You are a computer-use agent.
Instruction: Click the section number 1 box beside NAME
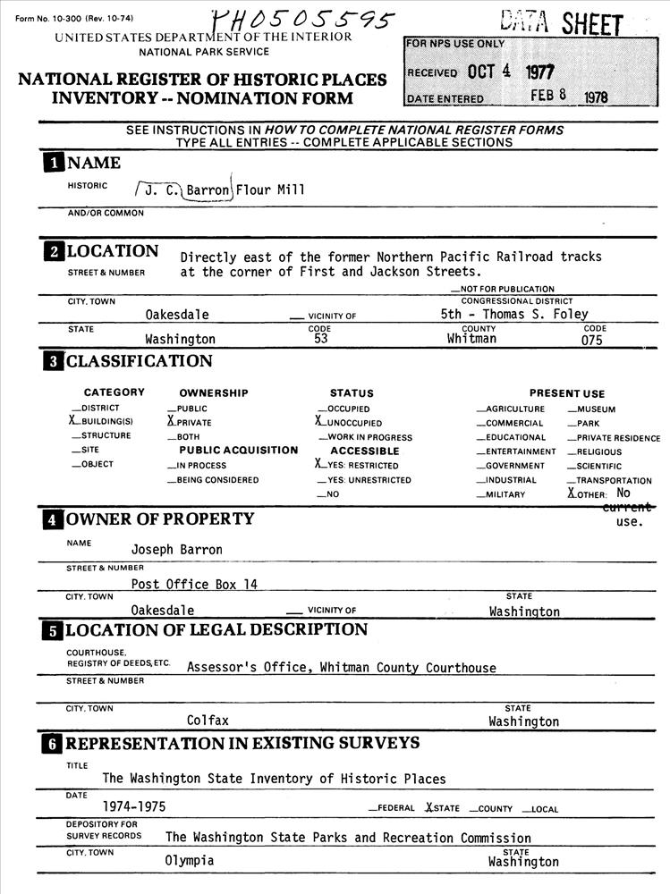(55, 163)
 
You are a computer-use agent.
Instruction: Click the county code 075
(592, 340)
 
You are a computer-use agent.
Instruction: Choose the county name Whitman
(471, 339)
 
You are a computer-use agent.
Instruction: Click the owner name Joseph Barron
(176, 549)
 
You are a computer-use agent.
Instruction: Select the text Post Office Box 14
(193, 584)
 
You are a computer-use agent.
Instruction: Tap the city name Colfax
(208, 720)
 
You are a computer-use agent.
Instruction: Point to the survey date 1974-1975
(133, 805)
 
